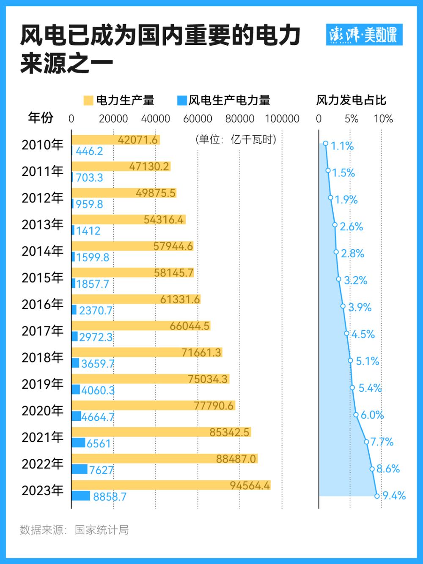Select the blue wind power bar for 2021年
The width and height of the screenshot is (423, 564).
(79, 442)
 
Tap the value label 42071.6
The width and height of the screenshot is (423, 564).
(137, 140)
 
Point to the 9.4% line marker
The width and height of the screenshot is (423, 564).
(377, 496)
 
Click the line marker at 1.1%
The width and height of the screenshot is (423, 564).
(326, 144)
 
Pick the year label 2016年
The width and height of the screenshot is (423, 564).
(42, 304)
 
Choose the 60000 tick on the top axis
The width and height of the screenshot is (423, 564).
(198, 119)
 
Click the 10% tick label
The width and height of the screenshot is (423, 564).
(383, 119)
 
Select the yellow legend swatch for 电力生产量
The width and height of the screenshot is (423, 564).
(88, 101)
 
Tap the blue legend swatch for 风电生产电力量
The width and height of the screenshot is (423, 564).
(181, 101)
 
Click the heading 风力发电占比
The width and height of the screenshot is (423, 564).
(351, 100)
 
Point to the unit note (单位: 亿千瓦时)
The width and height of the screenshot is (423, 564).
(236, 139)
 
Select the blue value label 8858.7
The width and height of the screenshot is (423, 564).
(110, 496)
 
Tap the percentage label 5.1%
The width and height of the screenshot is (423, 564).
(367, 361)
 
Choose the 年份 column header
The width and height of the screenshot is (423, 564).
(41, 117)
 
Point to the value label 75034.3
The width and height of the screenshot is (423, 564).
(208, 379)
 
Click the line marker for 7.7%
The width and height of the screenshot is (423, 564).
(366, 442)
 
